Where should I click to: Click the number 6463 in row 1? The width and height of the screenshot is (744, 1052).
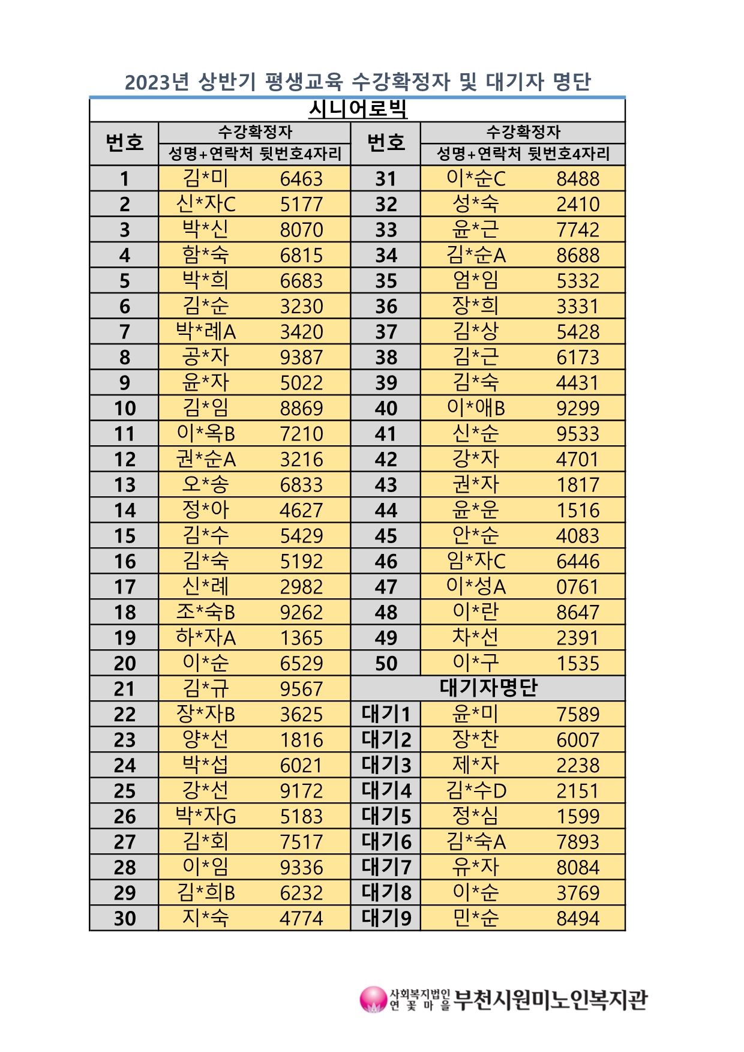click(x=301, y=179)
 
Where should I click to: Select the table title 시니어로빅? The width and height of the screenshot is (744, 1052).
click(x=358, y=109)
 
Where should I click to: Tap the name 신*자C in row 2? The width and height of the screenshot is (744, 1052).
click(x=206, y=204)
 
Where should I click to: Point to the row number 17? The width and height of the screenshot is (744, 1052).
click(x=125, y=587)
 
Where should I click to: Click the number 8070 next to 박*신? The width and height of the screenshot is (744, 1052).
click(x=301, y=230)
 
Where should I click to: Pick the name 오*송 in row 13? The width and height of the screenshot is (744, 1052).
click(x=206, y=485)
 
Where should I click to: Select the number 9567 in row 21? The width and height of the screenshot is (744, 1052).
click(x=301, y=689)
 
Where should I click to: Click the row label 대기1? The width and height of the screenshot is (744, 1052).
click(x=386, y=714)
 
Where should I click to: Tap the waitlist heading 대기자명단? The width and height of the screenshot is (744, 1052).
click(x=488, y=688)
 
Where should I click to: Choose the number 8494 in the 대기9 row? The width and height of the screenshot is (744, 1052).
click(x=578, y=918)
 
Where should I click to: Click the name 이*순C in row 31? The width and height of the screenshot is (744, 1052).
click(x=476, y=179)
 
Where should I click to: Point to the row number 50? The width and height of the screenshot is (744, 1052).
click(x=386, y=663)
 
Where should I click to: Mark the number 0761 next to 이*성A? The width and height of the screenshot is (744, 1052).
click(x=578, y=587)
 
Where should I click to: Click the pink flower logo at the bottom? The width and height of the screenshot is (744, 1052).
click(x=373, y=999)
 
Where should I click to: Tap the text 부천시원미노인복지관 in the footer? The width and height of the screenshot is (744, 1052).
click(x=550, y=1000)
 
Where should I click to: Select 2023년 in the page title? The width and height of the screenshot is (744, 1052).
click(x=157, y=82)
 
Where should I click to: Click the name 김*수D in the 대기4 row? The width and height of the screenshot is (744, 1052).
click(x=476, y=791)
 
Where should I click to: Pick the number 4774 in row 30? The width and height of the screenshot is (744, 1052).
click(x=301, y=918)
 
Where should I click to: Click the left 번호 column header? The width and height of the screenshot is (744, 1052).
click(x=125, y=143)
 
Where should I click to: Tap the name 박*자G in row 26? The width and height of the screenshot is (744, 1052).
click(x=206, y=816)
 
